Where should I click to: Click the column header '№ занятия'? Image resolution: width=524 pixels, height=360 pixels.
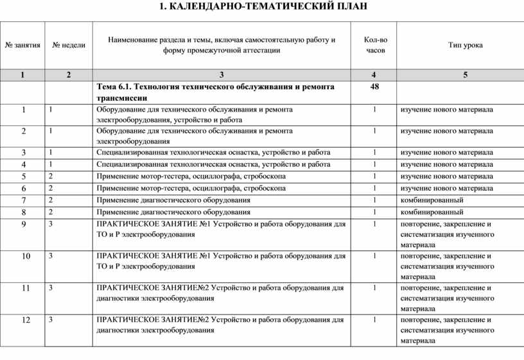22,45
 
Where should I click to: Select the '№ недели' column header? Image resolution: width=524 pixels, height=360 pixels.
69,45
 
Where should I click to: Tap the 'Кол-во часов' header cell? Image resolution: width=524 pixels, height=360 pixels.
375,44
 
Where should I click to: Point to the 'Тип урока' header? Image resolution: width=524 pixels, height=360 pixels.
466,45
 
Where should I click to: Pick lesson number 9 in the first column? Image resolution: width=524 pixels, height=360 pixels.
24,225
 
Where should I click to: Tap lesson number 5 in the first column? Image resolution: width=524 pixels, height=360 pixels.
24,176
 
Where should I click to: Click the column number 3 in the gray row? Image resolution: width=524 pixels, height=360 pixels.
221,75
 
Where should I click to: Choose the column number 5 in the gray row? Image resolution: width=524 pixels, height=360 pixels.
466,75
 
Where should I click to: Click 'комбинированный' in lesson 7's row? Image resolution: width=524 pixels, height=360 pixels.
432,200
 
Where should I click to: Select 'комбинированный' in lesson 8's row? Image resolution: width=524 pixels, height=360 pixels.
432,212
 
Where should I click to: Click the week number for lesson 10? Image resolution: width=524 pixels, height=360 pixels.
51,255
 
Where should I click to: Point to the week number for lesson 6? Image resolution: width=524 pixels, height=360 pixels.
51,188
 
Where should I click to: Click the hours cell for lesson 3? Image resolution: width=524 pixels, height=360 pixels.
375,153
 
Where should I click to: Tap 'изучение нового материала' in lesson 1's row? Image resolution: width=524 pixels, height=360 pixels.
446,110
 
